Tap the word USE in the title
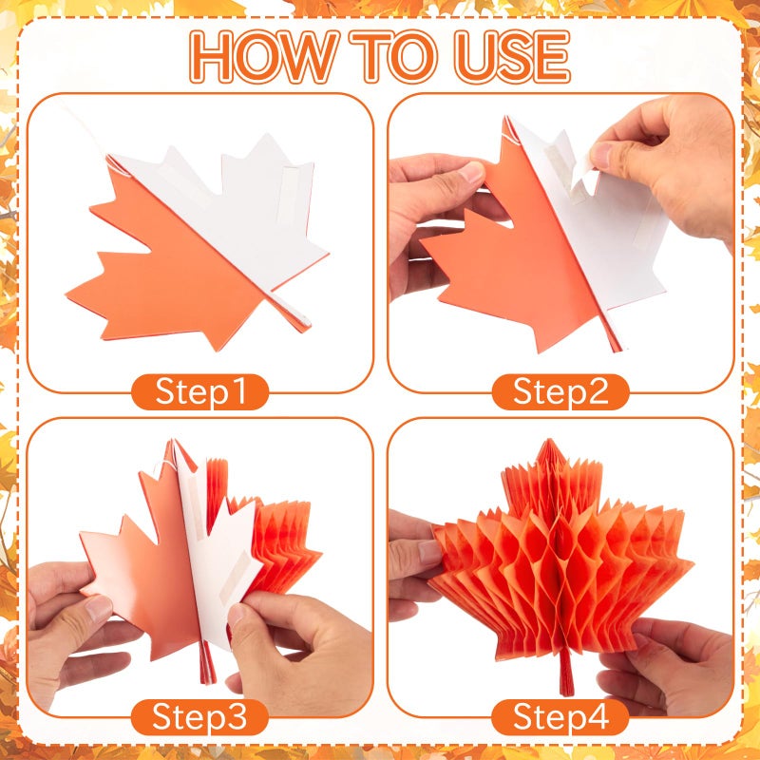pos(512,56)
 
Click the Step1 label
pos(200,391)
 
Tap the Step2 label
pos(560,391)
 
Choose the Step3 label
pos(200,717)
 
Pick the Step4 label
pos(560,717)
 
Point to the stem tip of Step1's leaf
pos(304,326)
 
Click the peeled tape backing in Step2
pos(582,176)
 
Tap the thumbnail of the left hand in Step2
pos(471,173)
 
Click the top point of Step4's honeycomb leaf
pos(549,440)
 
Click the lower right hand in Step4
pos(667,668)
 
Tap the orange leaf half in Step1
pos(170,272)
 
